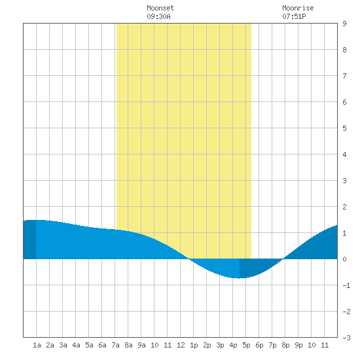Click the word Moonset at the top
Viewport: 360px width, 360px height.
160,8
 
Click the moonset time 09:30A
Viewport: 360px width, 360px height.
158,16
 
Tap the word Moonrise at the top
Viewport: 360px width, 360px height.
298,8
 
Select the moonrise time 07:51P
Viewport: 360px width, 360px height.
294,16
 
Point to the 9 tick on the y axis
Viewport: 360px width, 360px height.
344,24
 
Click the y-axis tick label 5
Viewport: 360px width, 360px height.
344,128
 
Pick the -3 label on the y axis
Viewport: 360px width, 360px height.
346,338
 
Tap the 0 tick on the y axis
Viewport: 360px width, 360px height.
344,259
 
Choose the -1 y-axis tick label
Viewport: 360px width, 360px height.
346,285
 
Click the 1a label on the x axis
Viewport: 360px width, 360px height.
37,345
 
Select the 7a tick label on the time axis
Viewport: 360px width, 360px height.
115,345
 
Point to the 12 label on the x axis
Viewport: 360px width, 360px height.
181,345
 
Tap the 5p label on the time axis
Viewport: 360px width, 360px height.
246,345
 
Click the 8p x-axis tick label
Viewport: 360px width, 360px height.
285,345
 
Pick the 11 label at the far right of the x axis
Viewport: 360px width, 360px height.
325,345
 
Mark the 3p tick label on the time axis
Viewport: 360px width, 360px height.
220,345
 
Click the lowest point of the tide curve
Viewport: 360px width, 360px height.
239,278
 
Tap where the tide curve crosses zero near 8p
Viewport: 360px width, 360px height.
283,259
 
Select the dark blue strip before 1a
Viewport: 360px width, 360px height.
29,240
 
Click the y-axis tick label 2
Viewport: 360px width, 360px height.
344,207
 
